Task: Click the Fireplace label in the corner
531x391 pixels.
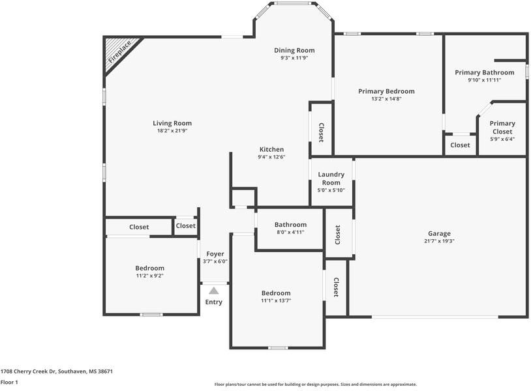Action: pyautogui.click(x=119, y=51)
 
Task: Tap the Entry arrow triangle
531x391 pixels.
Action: pyautogui.click(x=214, y=291)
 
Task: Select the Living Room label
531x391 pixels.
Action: pyautogui.click(x=172, y=123)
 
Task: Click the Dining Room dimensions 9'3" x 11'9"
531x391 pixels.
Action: pyautogui.click(x=294, y=58)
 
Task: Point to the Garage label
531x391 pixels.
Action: pyautogui.click(x=439, y=233)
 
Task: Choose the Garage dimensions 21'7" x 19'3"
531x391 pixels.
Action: pyautogui.click(x=439, y=241)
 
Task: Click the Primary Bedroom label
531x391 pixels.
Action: pyautogui.click(x=386, y=91)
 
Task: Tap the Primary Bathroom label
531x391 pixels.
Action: pyautogui.click(x=484, y=72)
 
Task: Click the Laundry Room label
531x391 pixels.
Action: pyautogui.click(x=331, y=179)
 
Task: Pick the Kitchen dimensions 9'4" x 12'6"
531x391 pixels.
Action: pyautogui.click(x=271, y=157)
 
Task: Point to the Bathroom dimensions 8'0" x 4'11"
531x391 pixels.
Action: pyautogui.click(x=290, y=232)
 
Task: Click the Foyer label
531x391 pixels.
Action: pyautogui.click(x=215, y=254)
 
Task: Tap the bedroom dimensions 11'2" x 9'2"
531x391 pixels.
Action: pyautogui.click(x=149, y=276)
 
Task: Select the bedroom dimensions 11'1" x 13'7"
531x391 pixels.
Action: pyautogui.click(x=276, y=301)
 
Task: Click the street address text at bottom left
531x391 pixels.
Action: pyautogui.click(x=57, y=371)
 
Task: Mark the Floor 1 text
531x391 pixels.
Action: pyautogui.click(x=9, y=383)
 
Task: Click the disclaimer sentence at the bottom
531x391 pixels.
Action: pyautogui.click(x=315, y=384)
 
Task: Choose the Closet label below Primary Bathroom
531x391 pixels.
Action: pyautogui.click(x=460, y=145)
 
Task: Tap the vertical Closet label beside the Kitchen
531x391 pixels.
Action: pyautogui.click(x=321, y=132)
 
